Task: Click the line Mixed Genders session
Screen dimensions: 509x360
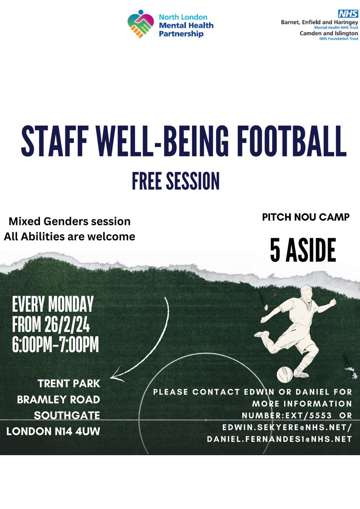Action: [70, 221]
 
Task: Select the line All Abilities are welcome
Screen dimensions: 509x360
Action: [70, 237]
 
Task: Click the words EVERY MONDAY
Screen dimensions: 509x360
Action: [53, 305]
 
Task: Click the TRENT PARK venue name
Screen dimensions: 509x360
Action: [69, 384]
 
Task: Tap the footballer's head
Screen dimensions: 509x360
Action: [305, 292]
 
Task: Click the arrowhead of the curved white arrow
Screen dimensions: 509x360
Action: [113, 376]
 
